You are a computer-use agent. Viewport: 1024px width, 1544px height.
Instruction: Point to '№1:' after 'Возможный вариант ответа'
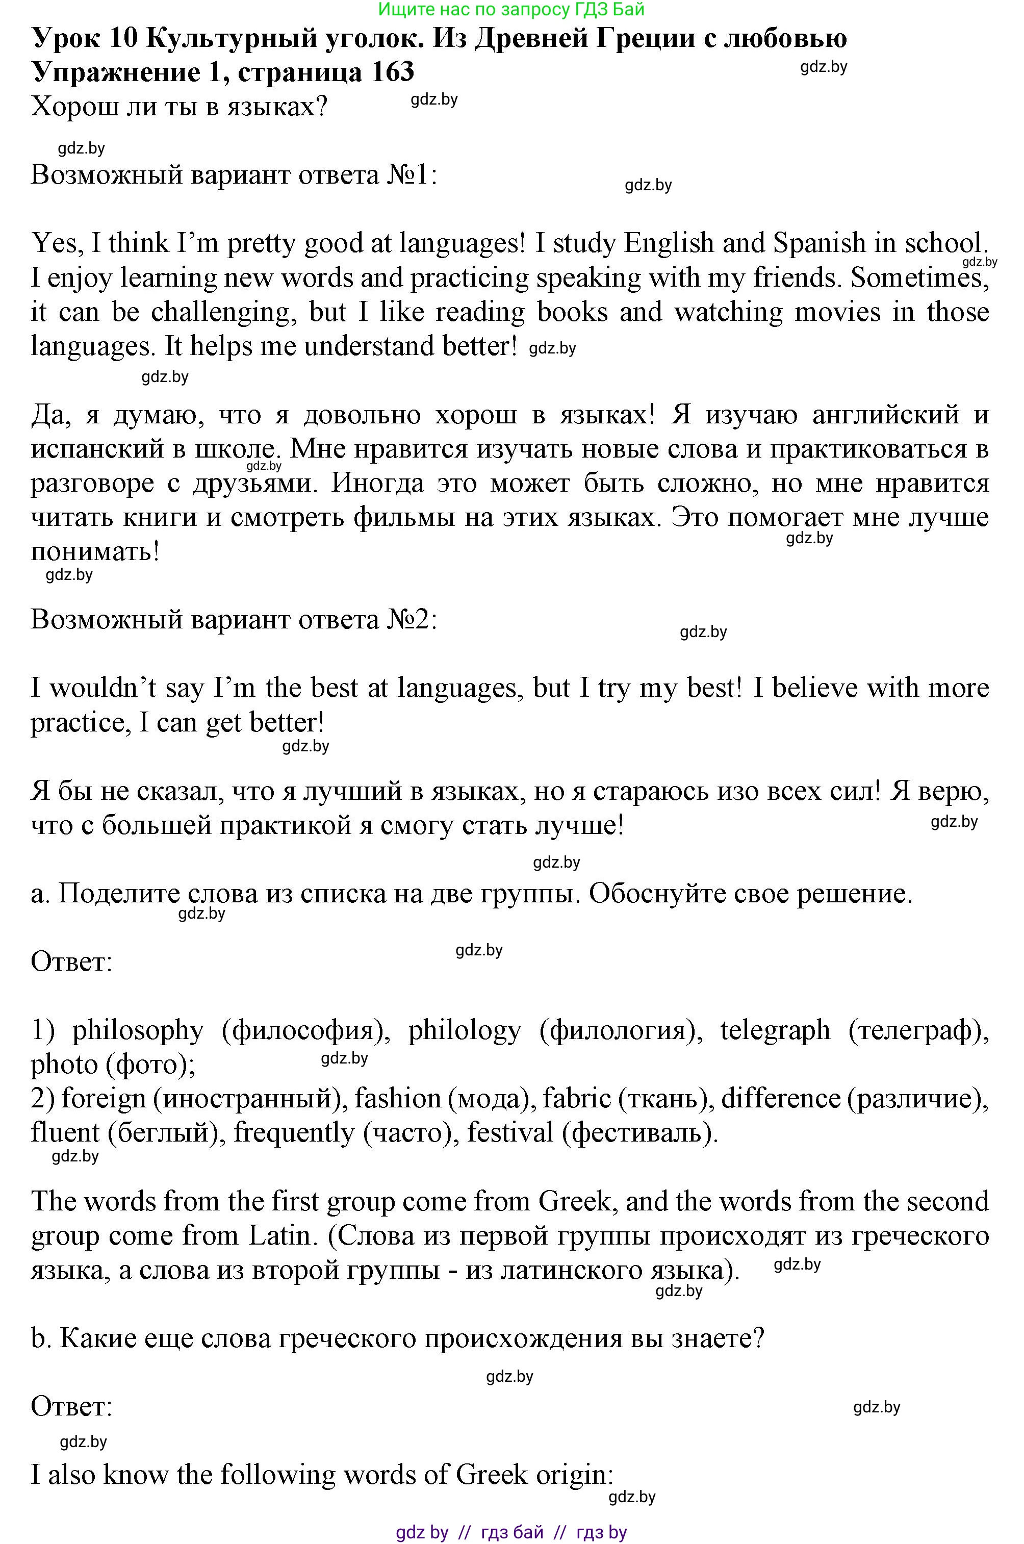[x=412, y=175]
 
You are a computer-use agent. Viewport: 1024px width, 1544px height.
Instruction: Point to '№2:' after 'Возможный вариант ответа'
[x=412, y=620]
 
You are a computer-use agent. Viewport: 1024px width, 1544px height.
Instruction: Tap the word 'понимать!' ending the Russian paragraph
[x=95, y=552]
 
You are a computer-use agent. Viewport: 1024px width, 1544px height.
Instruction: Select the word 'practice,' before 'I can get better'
[x=82, y=723]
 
